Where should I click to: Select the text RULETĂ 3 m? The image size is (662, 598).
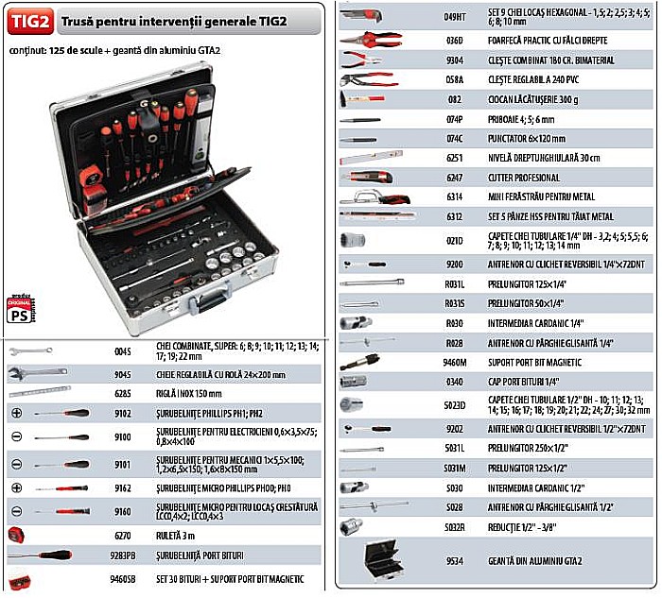coord(177,534)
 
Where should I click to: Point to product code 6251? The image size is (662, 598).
coord(454,158)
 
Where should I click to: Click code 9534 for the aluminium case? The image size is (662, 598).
coord(454,560)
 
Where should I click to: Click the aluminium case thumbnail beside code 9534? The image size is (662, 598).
coord(379,560)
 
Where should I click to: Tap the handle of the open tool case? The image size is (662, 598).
coord(205,305)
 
